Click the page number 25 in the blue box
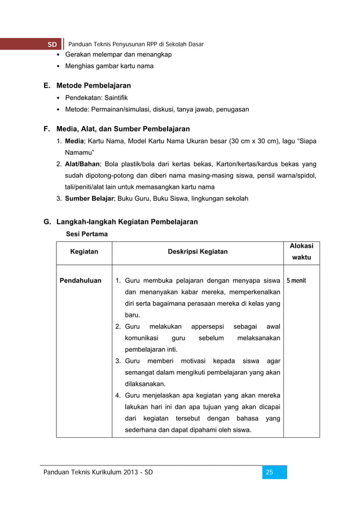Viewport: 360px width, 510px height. [x=269, y=472]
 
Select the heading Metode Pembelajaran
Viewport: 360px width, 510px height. [x=94, y=86]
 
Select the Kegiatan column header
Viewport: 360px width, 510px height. [x=84, y=251]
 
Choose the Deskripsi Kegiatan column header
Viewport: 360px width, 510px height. [x=197, y=251]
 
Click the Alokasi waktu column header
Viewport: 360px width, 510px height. [x=301, y=251]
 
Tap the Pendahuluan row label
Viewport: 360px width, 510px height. [x=81, y=280]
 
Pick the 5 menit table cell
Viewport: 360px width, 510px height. [x=296, y=280]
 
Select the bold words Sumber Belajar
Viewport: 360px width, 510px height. [x=90, y=199]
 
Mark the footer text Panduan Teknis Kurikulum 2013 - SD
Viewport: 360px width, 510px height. [x=98, y=472]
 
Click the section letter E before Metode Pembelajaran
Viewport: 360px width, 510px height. [x=47, y=86]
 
